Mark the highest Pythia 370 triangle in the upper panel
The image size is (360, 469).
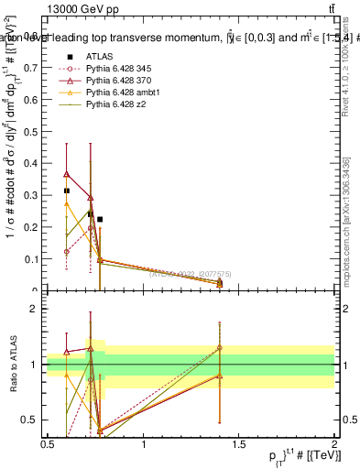[x=66, y=173]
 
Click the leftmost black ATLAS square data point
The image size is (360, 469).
[x=66, y=191]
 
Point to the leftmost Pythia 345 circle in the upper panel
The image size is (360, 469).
[x=66, y=251]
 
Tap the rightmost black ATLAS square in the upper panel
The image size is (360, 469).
[x=100, y=220]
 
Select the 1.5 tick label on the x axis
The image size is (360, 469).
[x=239, y=444]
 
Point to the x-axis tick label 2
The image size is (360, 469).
[x=334, y=444]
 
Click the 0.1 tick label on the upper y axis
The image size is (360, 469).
[x=32, y=259]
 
